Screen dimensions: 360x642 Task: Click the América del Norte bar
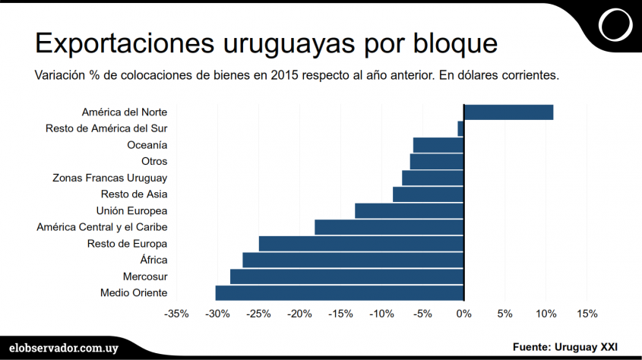pos(508,112)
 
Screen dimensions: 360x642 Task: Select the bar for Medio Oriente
pos(340,293)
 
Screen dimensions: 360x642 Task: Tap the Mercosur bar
pos(346,276)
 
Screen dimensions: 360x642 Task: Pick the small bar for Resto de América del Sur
pos(460,128)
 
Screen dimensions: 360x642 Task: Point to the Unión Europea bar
pos(409,210)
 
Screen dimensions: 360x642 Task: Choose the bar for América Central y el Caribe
pos(389,227)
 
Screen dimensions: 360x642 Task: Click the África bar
pos(353,260)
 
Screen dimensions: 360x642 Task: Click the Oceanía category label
pos(147,145)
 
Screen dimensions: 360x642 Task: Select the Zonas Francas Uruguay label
pos(109,178)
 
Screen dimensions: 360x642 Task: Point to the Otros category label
pos(154,161)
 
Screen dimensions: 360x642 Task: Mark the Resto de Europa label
pos(127,244)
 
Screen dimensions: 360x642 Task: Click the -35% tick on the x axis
pos(177,314)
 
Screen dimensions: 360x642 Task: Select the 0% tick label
pos(463,314)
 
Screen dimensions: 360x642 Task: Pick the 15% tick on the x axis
pos(587,314)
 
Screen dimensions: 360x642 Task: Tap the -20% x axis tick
pos(300,314)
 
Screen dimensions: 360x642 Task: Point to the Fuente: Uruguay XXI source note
pos(565,346)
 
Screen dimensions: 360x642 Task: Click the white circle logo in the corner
pos(615,25)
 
